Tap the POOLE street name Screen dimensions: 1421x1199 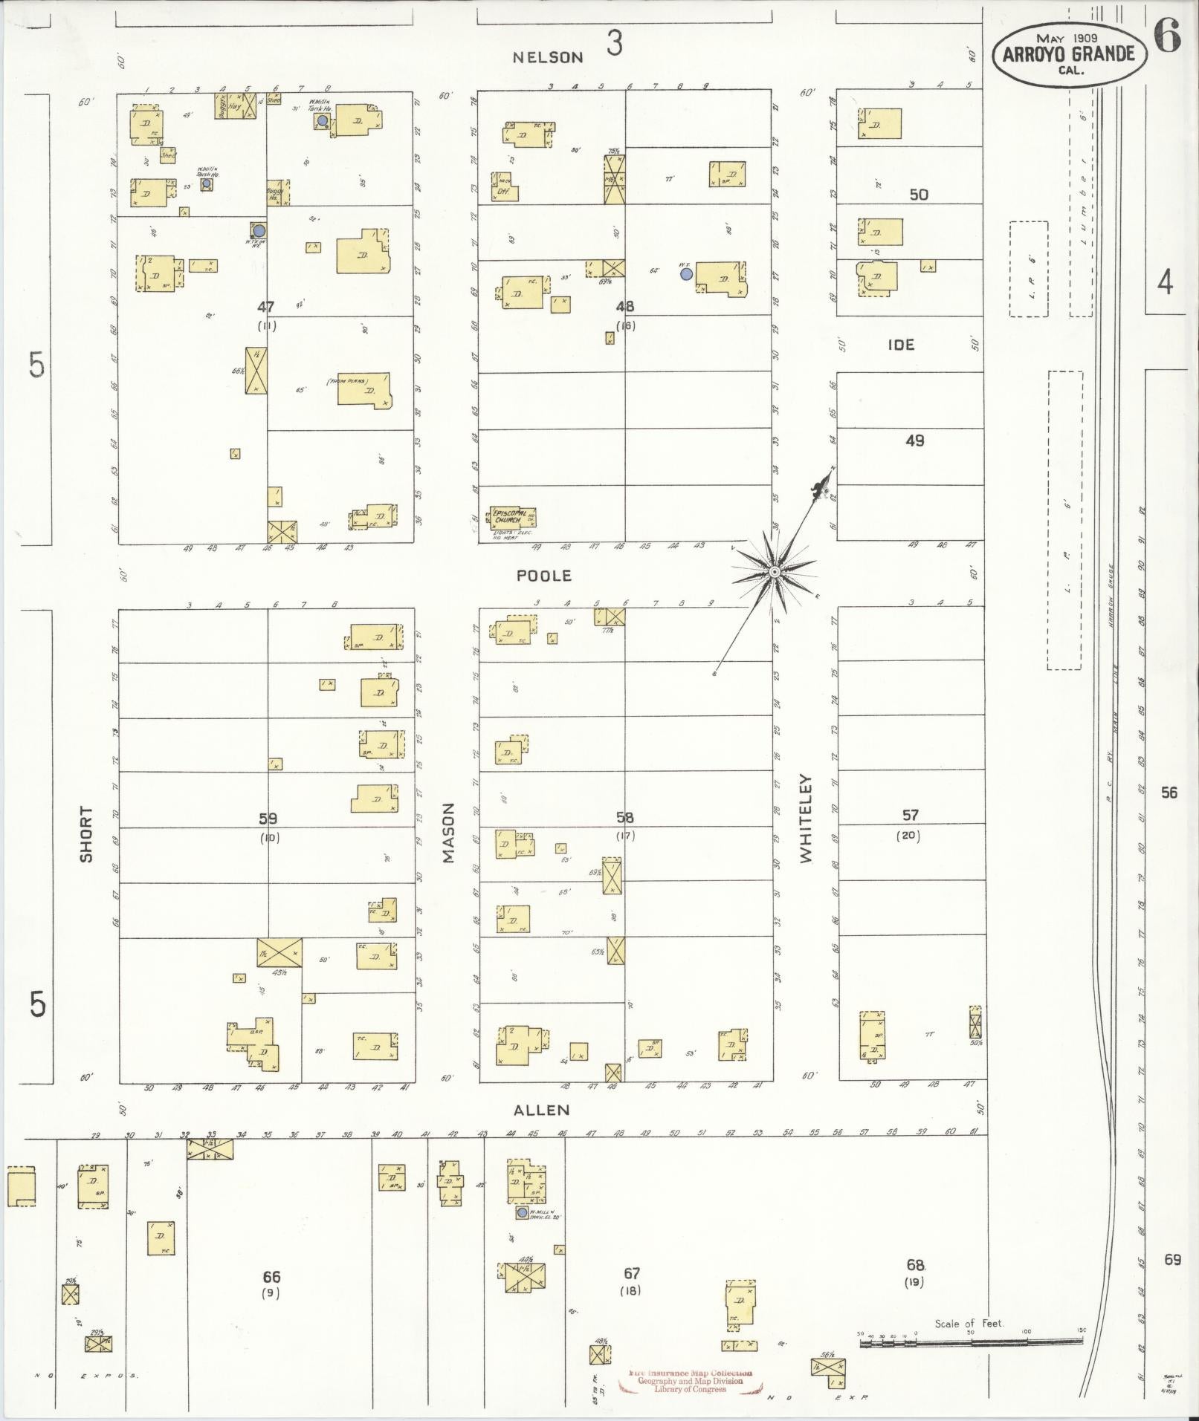point(545,576)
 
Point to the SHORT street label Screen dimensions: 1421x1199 point(86,834)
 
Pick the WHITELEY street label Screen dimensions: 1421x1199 point(807,819)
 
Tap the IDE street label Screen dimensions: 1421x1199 point(901,345)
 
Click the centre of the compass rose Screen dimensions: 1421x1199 point(774,571)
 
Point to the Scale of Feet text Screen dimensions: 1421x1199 point(969,1324)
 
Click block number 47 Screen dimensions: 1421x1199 point(266,306)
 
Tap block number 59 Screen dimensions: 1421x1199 point(268,819)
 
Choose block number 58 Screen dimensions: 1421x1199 point(624,818)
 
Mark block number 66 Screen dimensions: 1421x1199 point(271,1278)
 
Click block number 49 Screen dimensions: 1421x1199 point(915,440)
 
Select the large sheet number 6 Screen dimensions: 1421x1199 point(1168,36)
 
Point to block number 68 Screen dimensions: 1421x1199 point(915,1264)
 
